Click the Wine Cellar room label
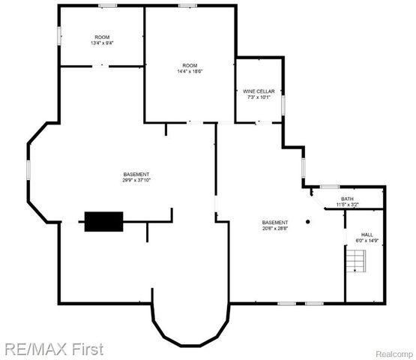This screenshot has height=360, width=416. point(259,91)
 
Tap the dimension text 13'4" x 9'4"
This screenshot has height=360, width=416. point(102,43)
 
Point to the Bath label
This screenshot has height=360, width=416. point(348,199)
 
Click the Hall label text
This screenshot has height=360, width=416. point(367,235)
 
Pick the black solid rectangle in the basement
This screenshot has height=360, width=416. point(103,221)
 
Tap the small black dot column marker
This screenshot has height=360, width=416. point(307,221)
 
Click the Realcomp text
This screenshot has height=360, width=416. point(392,352)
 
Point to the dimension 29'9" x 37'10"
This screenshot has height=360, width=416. point(136,180)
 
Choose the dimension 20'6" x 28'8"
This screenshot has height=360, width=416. point(275,228)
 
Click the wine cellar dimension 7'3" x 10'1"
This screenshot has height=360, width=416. point(259,97)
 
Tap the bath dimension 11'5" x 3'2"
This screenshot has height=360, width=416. point(348,205)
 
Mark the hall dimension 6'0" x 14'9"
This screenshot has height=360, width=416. point(367,241)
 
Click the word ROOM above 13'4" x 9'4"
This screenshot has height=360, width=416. point(102,37)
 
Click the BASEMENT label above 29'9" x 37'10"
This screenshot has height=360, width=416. point(136,174)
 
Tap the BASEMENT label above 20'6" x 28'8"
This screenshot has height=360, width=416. point(275,222)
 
